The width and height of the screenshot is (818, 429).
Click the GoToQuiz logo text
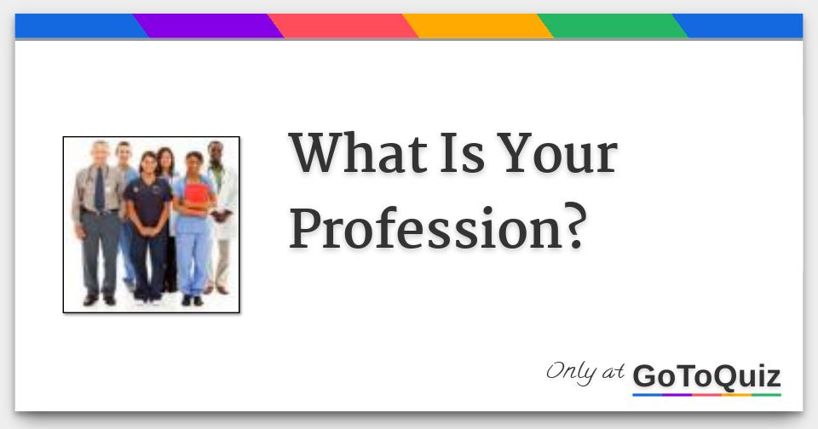pyautogui.click(x=706, y=375)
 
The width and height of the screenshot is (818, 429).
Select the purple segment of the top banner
pyautogui.click(x=209, y=26)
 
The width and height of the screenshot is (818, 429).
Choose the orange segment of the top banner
pyautogui.click(x=478, y=26)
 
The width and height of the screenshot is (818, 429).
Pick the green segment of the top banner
pyautogui.click(x=613, y=26)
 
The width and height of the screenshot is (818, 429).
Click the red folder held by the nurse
pyautogui.click(x=196, y=197)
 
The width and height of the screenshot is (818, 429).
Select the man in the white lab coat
pyautogui.click(x=221, y=213)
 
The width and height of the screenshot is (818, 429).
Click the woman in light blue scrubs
pyautogui.click(x=193, y=230)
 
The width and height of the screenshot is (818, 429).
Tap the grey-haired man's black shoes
pyautogui.click(x=99, y=300)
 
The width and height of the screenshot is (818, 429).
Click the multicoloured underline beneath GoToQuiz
pyautogui.click(x=706, y=394)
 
